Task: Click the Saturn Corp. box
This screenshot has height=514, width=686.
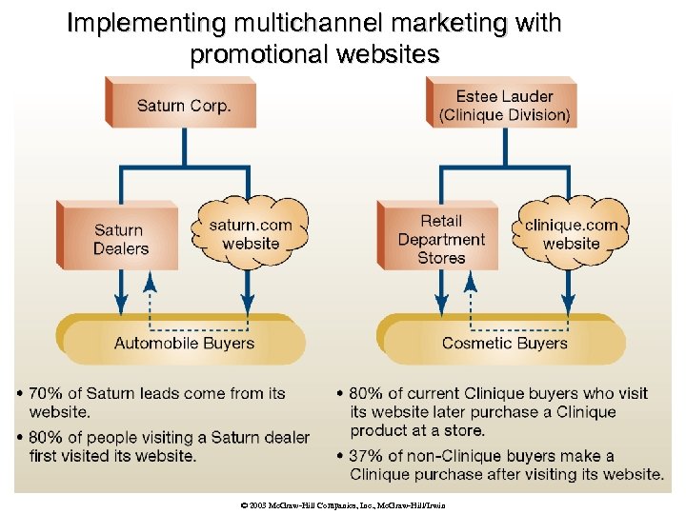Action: coord(183,104)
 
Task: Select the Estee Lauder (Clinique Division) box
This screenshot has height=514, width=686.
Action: coord(504,105)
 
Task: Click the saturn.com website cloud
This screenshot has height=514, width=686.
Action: coord(251,233)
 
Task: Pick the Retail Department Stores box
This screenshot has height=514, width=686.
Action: coord(441,239)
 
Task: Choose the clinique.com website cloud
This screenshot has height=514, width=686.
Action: coord(571,233)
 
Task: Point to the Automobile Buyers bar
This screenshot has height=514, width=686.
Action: coord(184,343)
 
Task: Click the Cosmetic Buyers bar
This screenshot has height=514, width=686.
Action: coord(504,343)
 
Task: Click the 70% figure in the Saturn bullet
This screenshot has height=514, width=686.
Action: coord(48,393)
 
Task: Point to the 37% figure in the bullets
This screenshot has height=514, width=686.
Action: coord(368,456)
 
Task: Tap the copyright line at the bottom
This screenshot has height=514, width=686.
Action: coord(343,504)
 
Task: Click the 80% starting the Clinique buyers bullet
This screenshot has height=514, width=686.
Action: coord(368,393)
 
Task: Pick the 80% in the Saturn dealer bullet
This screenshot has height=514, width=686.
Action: coord(48,438)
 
